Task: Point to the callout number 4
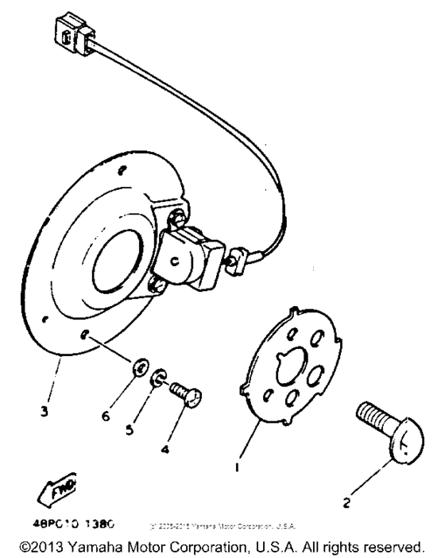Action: coord(164,450)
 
